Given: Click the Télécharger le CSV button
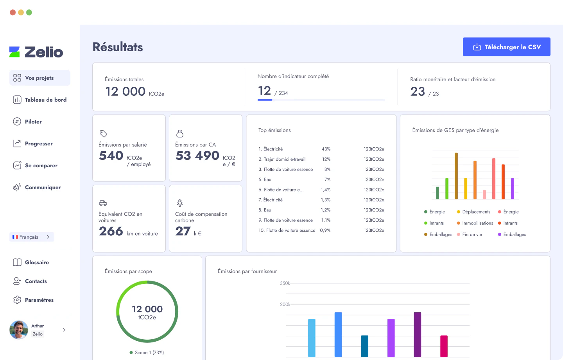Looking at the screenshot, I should click(x=506, y=47).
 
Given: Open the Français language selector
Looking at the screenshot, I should click(x=32, y=237).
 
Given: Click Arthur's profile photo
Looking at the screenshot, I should click(x=19, y=330).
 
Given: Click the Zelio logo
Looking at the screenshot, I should click(x=36, y=52).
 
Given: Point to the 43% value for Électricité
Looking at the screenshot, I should click(x=326, y=149).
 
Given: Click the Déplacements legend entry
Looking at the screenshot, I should click(x=476, y=212).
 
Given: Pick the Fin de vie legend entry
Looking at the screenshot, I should click(x=472, y=235).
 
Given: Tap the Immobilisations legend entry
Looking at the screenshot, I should click(x=477, y=223).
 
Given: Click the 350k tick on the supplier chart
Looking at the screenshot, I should click(x=285, y=283).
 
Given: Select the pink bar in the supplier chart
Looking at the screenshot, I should click(x=444, y=346).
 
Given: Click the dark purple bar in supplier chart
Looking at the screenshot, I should click(x=418, y=334).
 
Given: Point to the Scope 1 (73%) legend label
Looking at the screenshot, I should click(x=149, y=353).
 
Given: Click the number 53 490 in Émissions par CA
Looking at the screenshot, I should click(x=197, y=156).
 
